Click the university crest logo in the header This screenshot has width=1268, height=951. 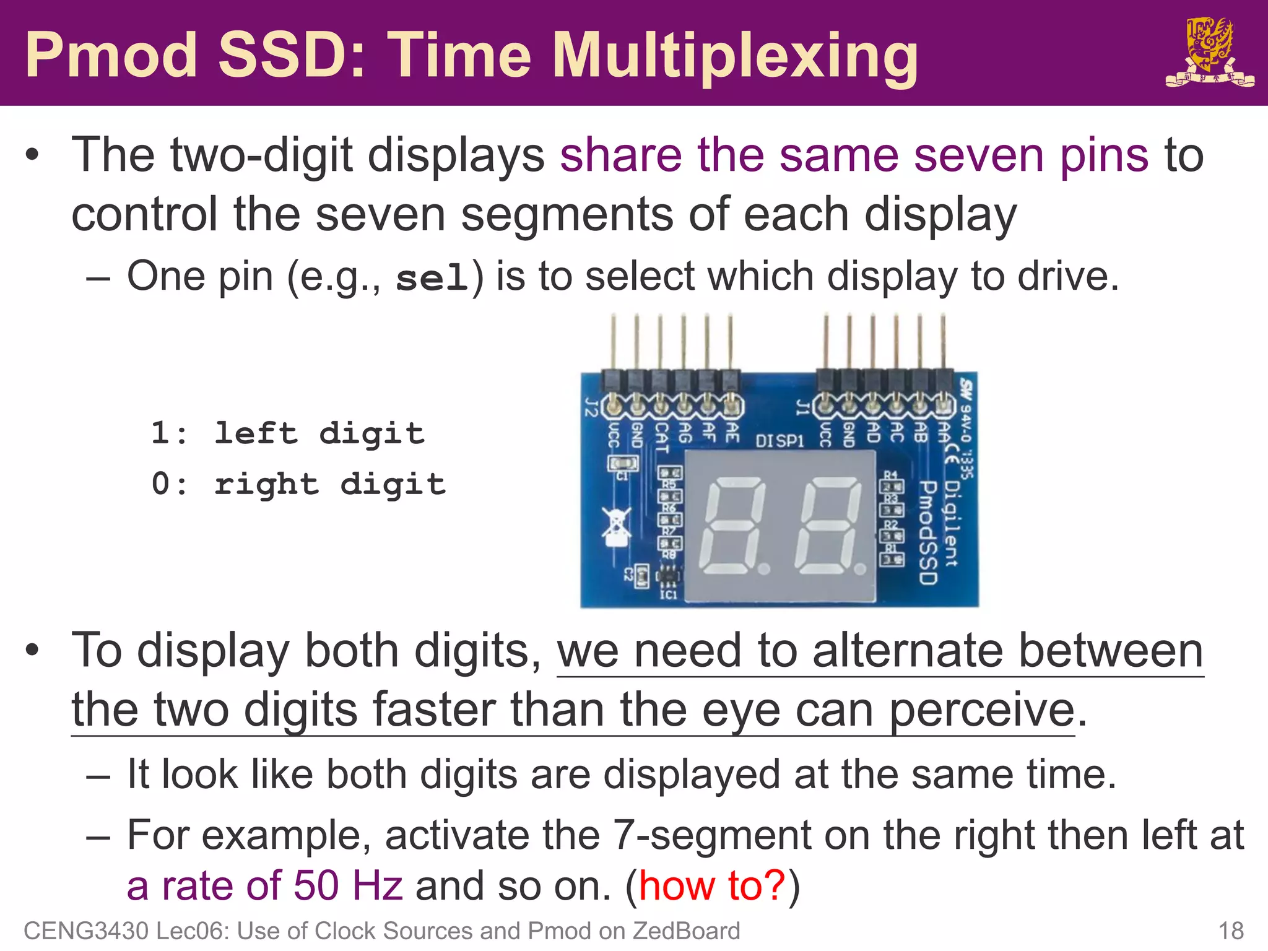(1209, 53)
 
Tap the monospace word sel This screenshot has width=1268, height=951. (432, 277)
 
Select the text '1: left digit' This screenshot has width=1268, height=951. (288, 433)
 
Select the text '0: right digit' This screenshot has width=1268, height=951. (298, 484)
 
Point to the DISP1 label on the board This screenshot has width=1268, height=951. (779, 441)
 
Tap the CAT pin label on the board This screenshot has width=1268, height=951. (661, 436)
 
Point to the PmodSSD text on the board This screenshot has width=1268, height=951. (927, 532)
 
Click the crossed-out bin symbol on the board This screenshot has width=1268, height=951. (616, 527)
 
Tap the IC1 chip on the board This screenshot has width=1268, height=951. (667, 577)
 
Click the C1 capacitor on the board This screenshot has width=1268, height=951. (622, 463)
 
